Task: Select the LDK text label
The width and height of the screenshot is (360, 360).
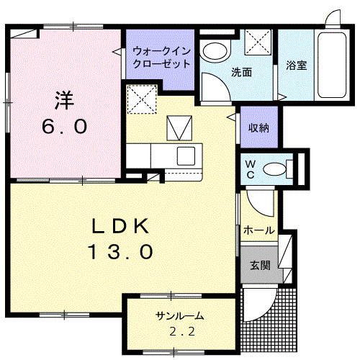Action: pos(120,226)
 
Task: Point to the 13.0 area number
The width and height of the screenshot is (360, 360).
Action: pos(120,252)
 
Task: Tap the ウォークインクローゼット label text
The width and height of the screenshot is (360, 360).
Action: pos(161,58)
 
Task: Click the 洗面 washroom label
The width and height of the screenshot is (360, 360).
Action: pos(240,72)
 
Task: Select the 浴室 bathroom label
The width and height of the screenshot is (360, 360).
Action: pos(296,66)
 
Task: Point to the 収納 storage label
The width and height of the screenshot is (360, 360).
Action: pos(258,128)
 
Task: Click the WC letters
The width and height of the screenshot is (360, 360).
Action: pos(250,168)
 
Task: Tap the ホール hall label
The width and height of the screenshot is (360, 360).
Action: pos(258,230)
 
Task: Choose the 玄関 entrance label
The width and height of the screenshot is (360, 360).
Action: pos(260,265)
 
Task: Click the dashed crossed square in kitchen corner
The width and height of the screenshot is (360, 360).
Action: pos(143,99)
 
